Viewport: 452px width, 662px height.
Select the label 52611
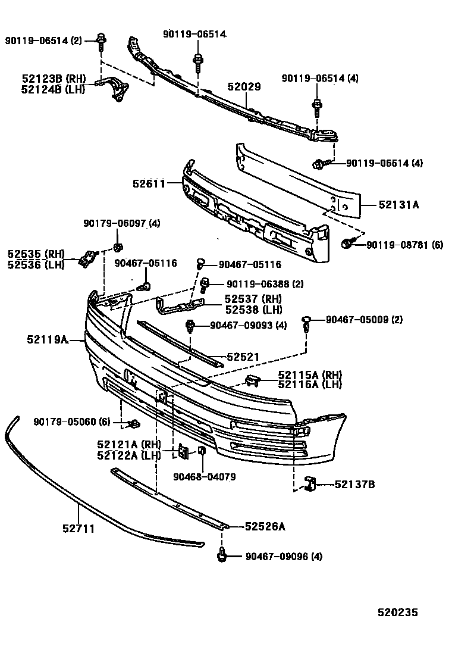tap(149, 184)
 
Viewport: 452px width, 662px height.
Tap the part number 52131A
tap(399, 205)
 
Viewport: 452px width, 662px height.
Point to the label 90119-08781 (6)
tap(404, 245)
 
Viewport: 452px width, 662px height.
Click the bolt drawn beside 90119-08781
tap(349, 243)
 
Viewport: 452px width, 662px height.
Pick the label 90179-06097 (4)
tap(121, 223)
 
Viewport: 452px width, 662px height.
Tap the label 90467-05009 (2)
tap(364, 320)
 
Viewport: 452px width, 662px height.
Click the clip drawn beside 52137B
tap(309, 483)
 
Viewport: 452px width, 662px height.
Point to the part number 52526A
tap(265, 526)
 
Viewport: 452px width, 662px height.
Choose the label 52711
tap(78, 528)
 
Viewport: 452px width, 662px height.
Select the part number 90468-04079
tap(204, 476)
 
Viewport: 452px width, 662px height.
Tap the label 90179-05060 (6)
tap(72, 421)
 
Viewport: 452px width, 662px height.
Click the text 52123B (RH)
tap(54, 79)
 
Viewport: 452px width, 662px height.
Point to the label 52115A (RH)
tap(310, 374)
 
